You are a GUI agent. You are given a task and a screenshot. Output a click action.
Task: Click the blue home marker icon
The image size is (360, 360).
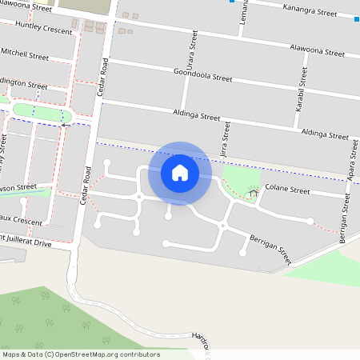tap(180, 173)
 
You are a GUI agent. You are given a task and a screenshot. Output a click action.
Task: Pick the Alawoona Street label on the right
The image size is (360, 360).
tap(317, 50)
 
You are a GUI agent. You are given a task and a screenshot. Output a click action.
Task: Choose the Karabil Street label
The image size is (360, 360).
tap(302, 87)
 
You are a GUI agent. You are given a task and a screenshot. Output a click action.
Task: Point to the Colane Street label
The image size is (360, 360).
tap(287, 190)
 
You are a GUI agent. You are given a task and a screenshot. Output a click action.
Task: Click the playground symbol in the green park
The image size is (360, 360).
tap(253, 192)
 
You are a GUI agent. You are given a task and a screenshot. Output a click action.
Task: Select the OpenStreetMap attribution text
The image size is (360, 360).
tap(81, 354)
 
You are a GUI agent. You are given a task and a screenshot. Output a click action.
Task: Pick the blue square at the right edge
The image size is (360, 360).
tap(356, 19)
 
